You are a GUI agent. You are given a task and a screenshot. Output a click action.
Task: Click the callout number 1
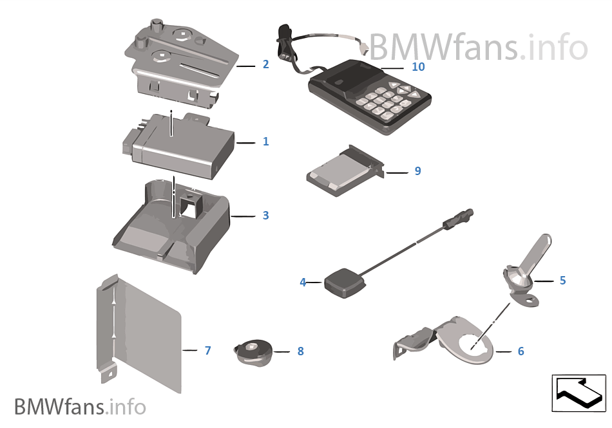tap(265, 141)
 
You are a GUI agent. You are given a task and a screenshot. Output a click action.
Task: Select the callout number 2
tap(265, 64)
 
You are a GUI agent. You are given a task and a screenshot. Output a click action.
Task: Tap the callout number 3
tap(265, 215)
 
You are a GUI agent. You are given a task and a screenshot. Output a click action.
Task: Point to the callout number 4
tap(303, 282)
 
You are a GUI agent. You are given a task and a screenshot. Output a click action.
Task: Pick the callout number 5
tap(562, 281)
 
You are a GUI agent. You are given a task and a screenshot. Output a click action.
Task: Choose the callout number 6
tap(521, 351)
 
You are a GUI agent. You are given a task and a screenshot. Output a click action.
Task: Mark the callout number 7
tap(207, 351)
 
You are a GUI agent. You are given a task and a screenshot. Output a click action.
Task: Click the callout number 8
tap(300, 351)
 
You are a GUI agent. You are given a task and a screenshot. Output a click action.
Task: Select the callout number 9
tap(417, 171)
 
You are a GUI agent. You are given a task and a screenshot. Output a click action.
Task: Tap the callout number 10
tap(418, 66)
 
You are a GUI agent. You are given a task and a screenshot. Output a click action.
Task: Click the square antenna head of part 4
tap(344, 283)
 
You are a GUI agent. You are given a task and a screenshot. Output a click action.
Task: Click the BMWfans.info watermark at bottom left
tap(80, 407)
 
